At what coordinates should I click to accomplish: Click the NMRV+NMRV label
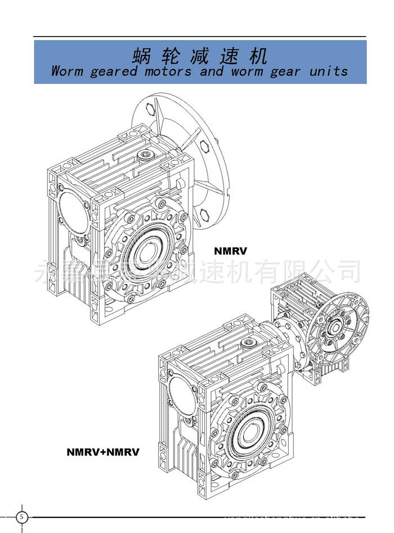(x=102, y=452)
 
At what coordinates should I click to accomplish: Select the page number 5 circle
(x=21, y=517)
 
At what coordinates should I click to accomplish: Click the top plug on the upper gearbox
(x=147, y=153)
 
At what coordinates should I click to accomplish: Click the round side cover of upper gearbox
(x=71, y=210)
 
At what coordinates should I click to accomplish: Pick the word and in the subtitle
(x=211, y=72)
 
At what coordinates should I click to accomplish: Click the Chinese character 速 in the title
(x=229, y=56)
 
